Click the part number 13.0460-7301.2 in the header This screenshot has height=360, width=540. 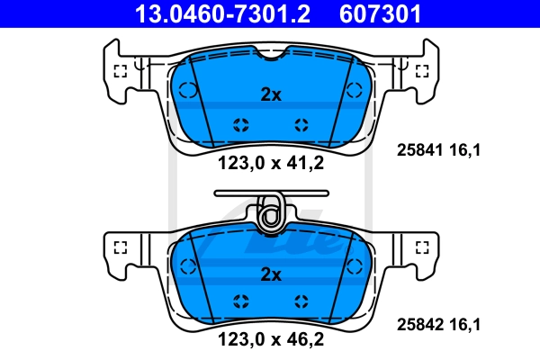coord(222,13)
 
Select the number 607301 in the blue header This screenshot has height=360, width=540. coord(380,13)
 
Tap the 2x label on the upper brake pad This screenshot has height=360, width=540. coord(271,94)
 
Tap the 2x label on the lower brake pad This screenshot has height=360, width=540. coord(271,274)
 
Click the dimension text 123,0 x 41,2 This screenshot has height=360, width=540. coord(271,163)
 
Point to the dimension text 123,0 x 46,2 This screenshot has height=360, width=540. coord(271,339)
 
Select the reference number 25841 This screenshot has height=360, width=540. coord(419,150)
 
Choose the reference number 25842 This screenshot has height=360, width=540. coord(419,325)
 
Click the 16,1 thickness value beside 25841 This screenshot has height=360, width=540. coord(464,150)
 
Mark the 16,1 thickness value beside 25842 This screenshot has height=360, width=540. coord(464,325)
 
